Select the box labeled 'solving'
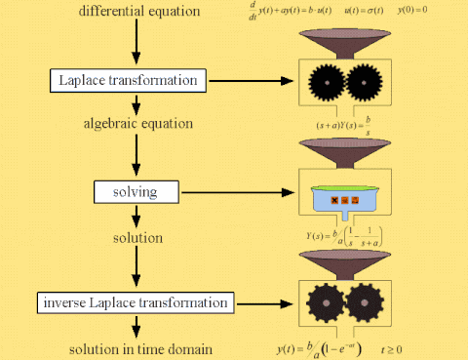(x=136, y=190)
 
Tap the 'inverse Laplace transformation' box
(x=136, y=301)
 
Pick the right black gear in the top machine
(x=368, y=83)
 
